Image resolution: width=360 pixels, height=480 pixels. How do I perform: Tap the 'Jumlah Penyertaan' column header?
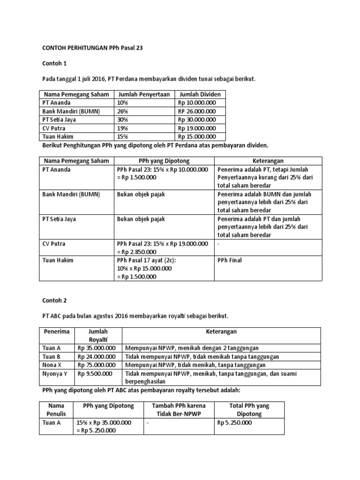144,95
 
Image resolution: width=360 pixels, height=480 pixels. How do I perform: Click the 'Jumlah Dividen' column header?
200,95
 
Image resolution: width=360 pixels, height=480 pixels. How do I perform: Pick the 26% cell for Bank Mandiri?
124,112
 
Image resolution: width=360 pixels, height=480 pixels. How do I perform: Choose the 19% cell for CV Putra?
124,128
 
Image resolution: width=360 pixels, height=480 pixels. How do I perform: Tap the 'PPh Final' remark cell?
230,260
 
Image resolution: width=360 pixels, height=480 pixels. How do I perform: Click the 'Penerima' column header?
56,331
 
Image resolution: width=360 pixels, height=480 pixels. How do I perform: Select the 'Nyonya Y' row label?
57,374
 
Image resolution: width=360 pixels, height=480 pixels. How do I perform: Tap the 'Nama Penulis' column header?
56,410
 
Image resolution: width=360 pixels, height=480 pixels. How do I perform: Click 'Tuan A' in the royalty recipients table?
52,348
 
